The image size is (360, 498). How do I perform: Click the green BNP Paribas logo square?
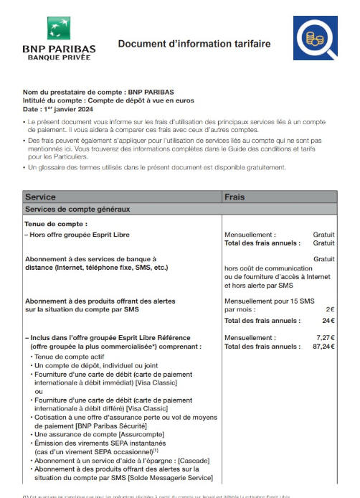coord(59,29)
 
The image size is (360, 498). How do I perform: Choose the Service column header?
coord(40,197)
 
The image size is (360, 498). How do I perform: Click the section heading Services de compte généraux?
coord(77,210)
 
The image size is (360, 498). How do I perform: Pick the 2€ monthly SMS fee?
coord(331,309)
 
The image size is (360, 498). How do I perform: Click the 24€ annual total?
coord(328,321)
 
